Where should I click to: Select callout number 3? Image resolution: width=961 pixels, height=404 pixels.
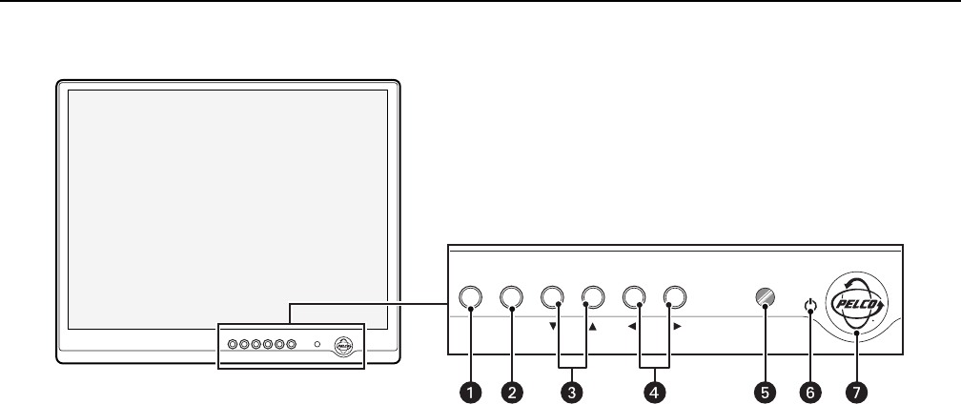coord(572,391)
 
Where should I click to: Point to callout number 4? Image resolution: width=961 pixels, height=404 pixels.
coord(653,391)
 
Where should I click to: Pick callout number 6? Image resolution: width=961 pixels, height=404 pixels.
coord(810,391)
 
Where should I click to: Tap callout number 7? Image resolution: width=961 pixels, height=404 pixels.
coord(855,391)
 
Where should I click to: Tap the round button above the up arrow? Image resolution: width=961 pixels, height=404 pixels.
coord(593,297)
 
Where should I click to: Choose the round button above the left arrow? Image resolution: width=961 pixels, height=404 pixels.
coord(634,297)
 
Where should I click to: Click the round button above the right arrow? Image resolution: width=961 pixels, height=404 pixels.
coord(675,297)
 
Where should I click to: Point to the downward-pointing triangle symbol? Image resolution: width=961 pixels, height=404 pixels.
coord(553,326)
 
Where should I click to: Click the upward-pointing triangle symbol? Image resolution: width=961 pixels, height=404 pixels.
coord(592,326)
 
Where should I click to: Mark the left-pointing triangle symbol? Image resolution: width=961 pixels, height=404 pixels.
coord(633,326)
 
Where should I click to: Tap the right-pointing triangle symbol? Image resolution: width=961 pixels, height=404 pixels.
coord(677,326)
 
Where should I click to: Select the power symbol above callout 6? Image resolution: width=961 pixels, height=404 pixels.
coord(810,306)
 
